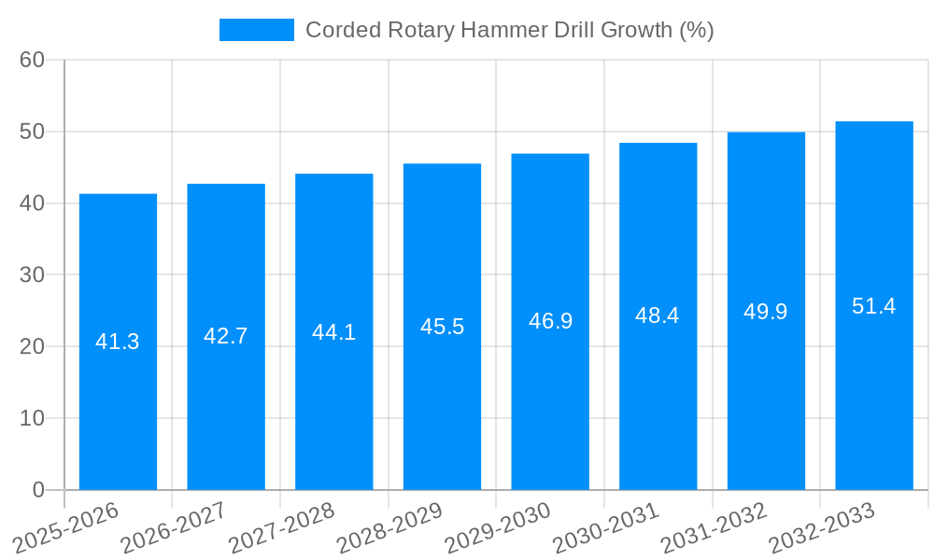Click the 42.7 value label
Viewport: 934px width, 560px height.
click(226, 336)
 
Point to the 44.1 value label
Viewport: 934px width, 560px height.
click(333, 332)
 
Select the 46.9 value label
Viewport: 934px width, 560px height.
click(550, 321)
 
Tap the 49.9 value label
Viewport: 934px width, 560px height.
click(766, 312)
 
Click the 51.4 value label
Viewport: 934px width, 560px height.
click(874, 306)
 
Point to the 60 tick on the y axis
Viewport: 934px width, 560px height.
click(32, 60)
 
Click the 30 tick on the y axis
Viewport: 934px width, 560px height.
click(32, 274)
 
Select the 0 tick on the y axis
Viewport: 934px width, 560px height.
click(38, 490)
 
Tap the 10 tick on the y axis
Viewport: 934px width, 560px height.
click(32, 418)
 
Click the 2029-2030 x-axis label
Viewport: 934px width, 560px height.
click(497, 528)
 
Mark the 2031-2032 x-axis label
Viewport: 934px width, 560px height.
click(714, 528)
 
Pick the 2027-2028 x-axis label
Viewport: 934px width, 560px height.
click(280, 528)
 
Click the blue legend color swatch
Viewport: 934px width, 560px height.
click(257, 30)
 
